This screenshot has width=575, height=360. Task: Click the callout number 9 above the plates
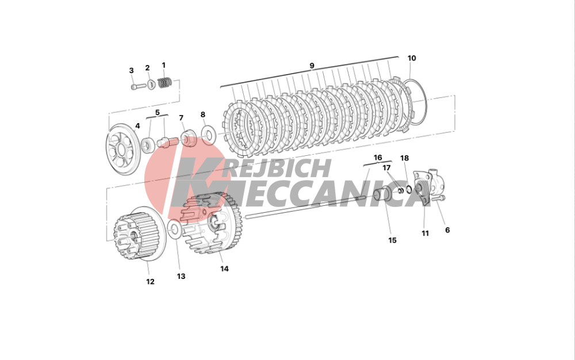(x=312, y=66)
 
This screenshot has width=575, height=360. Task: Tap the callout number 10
(x=412, y=58)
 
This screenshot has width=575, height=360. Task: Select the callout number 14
(x=224, y=269)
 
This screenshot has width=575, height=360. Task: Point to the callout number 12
(x=150, y=282)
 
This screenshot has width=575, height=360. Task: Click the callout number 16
(x=378, y=158)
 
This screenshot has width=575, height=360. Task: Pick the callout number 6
(x=447, y=230)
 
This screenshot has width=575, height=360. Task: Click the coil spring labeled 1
(x=165, y=82)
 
